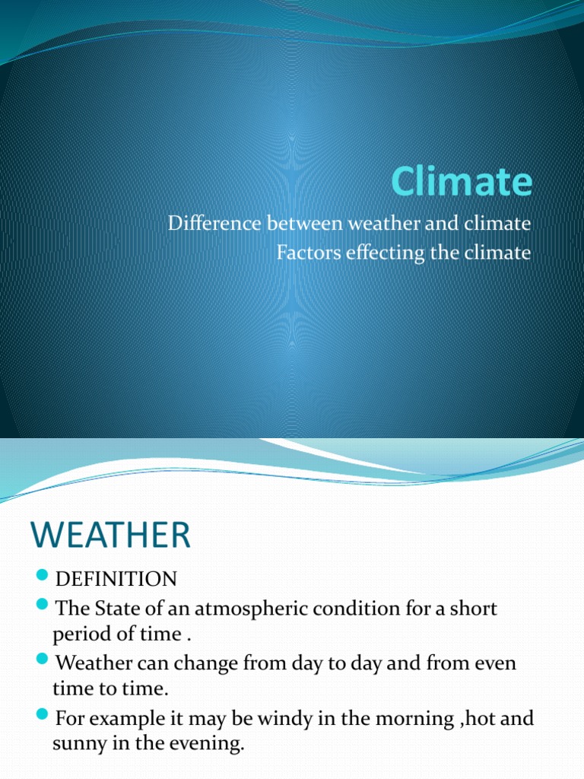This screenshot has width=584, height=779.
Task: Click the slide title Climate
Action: [x=462, y=183]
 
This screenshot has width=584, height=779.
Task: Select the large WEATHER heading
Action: [x=111, y=536]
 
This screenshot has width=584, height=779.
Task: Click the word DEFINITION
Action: [x=116, y=580]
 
